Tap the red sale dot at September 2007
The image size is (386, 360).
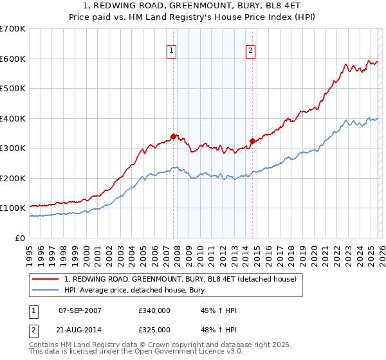pyautogui.click(x=173, y=136)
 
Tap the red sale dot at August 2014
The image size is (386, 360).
pyautogui.click(x=252, y=141)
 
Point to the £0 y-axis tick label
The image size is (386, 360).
pyautogui.click(x=21, y=238)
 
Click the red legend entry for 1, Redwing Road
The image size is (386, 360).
pyautogui.click(x=180, y=279)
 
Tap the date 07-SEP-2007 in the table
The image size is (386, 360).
pyautogui.click(x=84, y=310)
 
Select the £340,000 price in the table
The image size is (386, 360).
pyautogui.click(x=154, y=310)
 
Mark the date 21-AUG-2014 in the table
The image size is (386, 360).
pyautogui.click(x=84, y=330)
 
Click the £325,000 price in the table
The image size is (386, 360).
pyautogui.click(x=154, y=330)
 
